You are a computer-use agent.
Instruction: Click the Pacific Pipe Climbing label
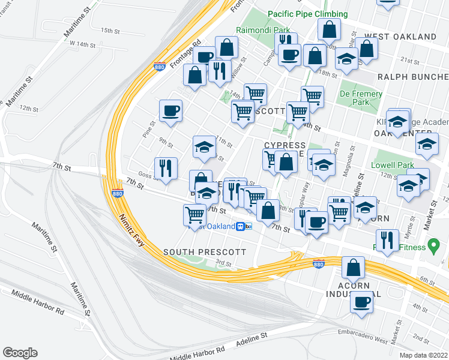click(x=307, y=14)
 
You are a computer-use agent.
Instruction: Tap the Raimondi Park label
click(x=263, y=30)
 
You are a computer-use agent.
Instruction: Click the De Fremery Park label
click(x=361, y=98)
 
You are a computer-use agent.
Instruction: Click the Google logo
click(x=20, y=353)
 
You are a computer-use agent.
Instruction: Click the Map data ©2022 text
click(x=423, y=355)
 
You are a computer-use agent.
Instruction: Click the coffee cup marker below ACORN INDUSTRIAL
click(x=362, y=302)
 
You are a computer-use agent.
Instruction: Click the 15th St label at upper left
click(x=110, y=31)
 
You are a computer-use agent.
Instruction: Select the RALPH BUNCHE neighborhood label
click(x=414, y=77)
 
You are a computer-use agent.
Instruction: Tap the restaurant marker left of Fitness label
click(x=387, y=240)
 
